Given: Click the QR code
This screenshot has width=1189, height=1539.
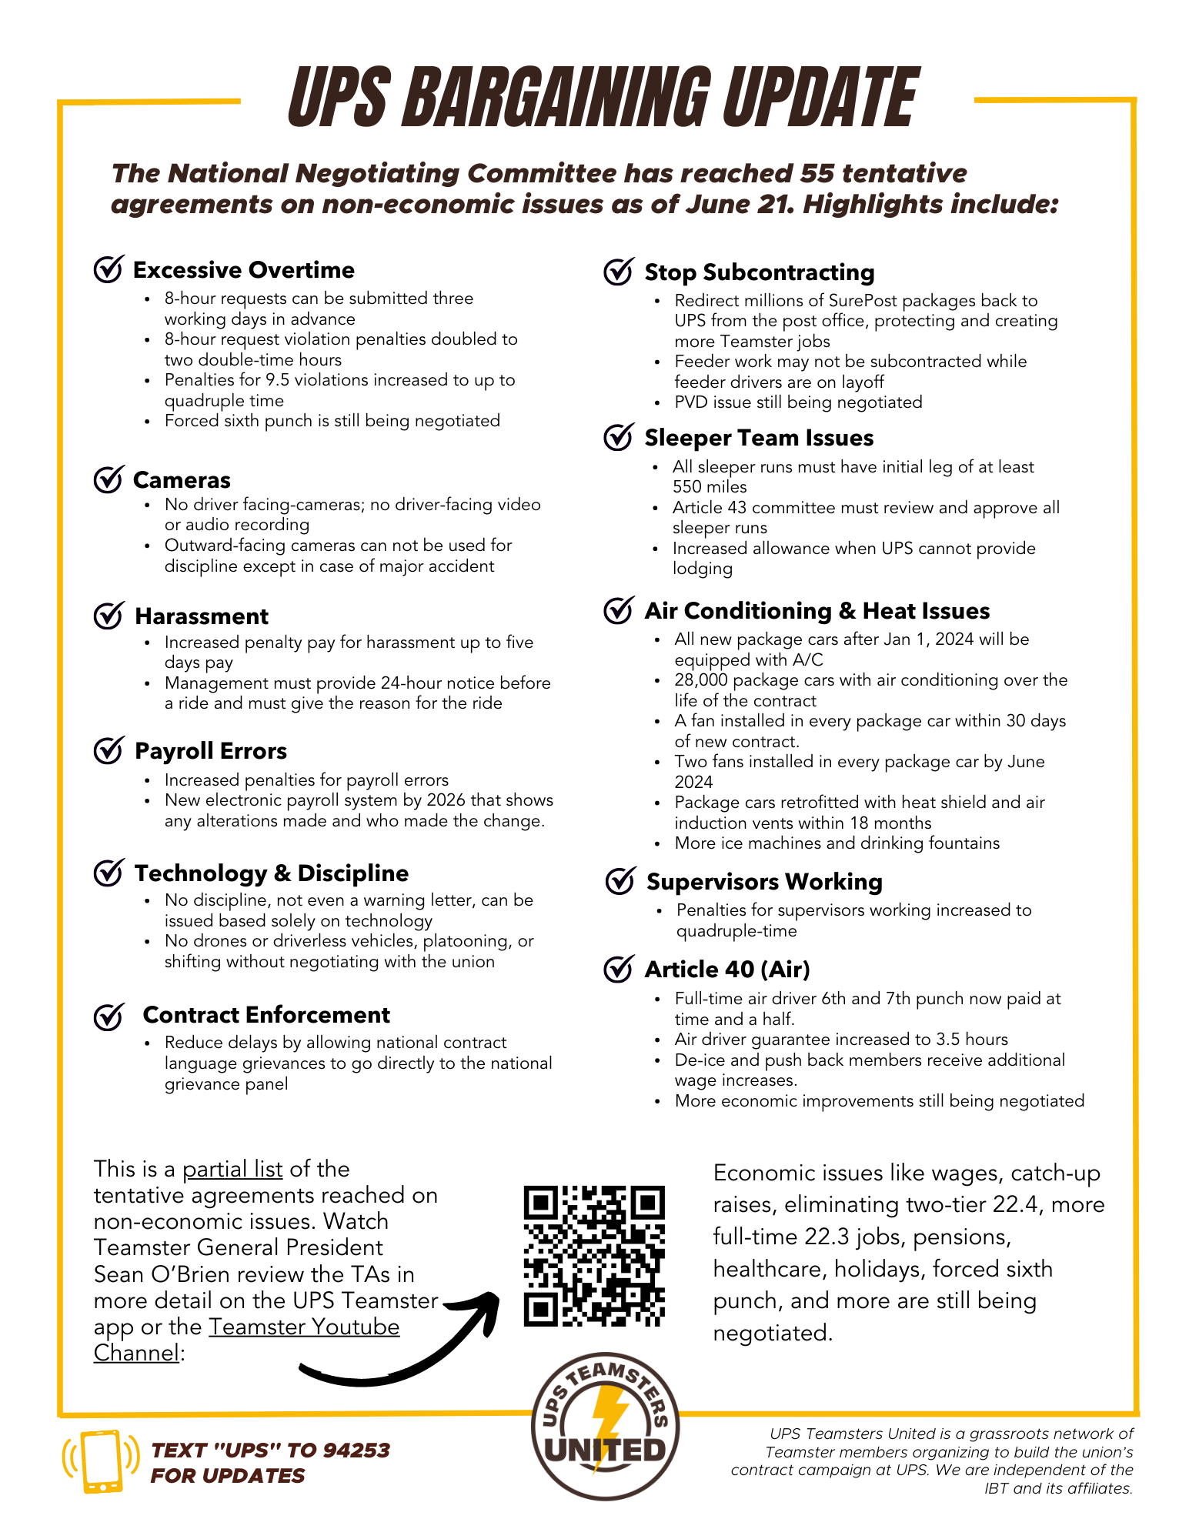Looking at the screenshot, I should (593, 1256).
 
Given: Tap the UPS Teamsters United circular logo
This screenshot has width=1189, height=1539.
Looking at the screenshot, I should (605, 1426).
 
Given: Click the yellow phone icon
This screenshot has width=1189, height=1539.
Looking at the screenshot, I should (101, 1461).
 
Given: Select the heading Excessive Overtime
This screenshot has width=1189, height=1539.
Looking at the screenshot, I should (243, 270).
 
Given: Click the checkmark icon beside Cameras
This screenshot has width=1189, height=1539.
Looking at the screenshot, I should (108, 479).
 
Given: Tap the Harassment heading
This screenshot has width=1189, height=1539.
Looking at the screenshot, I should (202, 616).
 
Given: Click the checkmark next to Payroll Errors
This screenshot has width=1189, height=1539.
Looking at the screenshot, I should (108, 750).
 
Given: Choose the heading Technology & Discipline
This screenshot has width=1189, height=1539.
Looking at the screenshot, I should (271, 873).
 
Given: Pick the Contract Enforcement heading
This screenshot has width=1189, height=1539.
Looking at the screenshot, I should (266, 1015).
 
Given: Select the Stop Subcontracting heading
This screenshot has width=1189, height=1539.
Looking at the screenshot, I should (759, 272).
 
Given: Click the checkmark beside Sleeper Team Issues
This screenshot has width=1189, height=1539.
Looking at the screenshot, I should (618, 437).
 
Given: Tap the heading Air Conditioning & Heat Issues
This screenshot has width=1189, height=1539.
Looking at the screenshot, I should (817, 611).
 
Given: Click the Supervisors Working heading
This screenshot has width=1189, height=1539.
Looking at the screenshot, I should (763, 882).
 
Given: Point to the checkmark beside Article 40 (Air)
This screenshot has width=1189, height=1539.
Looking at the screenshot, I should (618, 970).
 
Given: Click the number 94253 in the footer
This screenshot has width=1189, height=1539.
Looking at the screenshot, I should (356, 1450).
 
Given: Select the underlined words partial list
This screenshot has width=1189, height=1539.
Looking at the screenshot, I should (232, 1169).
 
